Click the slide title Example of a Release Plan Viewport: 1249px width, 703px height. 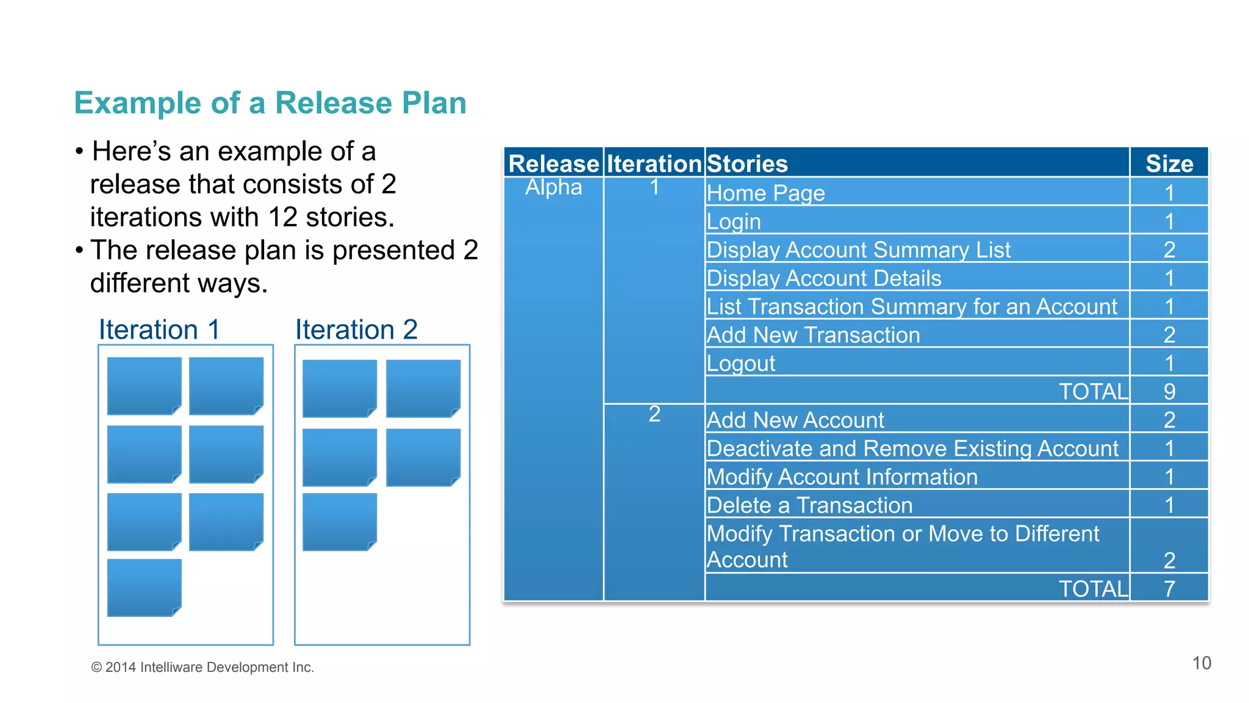[270, 103]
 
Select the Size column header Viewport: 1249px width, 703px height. [1168, 164]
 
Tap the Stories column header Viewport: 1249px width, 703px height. [747, 164]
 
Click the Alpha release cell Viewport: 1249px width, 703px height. [554, 187]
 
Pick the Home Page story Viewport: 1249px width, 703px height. [765, 193]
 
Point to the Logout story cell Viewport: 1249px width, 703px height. [740, 364]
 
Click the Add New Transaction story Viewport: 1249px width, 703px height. [813, 335]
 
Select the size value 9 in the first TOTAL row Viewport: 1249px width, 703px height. [1168, 392]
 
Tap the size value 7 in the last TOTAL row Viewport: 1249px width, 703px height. [1168, 589]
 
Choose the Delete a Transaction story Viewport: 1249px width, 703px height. [809, 505]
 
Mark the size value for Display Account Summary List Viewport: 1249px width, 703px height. [1168, 250]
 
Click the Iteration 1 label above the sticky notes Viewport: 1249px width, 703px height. [159, 330]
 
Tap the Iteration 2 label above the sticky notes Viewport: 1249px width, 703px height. [356, 330]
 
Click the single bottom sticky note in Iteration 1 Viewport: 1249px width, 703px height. [145, 588]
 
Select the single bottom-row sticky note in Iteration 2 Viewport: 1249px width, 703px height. [340, 522]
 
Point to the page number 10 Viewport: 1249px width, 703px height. [1201, 663]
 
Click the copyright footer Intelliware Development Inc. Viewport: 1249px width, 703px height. [202, 668]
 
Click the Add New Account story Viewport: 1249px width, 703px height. [795, 420]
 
